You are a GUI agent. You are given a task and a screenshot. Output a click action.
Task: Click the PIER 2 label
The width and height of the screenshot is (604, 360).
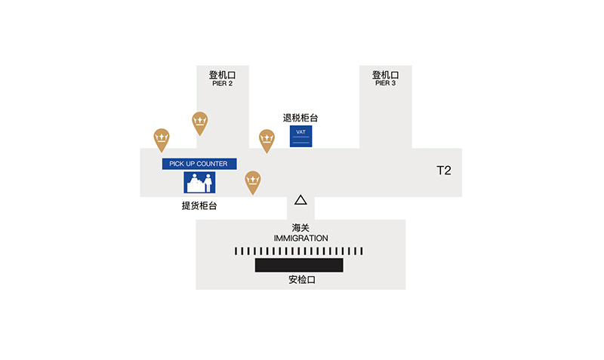click(222, 83)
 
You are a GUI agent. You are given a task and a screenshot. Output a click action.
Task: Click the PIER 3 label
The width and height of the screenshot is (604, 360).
click(385, 83)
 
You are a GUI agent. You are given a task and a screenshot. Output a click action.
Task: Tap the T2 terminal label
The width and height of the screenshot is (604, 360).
click(444, 170)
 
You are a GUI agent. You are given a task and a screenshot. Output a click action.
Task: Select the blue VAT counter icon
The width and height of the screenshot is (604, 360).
click(300, 137)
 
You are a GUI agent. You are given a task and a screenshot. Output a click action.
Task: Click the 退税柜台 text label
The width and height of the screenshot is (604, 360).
click(300, 118)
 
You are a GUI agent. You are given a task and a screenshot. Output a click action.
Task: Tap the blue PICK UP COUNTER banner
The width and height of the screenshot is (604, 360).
click(199, 164)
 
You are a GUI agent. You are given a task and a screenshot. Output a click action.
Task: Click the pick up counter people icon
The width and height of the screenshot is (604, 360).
click(199, 183)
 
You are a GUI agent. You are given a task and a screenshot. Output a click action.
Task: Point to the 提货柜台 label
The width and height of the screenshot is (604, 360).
click(199, 205)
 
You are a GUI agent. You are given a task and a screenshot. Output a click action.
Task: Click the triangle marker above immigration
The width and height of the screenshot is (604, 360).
click(300, 200)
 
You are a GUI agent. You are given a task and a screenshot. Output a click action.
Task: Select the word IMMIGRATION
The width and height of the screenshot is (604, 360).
click(300, 238)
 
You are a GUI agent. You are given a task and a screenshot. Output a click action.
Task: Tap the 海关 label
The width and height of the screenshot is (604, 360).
click(300, 228)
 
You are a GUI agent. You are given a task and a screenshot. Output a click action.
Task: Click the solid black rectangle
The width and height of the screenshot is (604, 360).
click(299, 266)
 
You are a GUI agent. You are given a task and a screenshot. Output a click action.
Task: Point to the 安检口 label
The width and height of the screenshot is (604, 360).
click(302, 280)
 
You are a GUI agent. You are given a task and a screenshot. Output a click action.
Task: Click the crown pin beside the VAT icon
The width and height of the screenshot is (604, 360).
click(267, 140)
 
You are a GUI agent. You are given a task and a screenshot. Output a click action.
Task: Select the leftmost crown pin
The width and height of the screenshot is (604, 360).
click(162, 140)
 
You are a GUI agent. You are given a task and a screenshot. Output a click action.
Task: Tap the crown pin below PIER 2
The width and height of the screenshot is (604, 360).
click(200, 123)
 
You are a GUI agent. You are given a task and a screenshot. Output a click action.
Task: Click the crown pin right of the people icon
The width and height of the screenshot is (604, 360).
click(253, 182)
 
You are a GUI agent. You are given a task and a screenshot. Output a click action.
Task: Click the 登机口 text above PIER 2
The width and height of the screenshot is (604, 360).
click(222, 75)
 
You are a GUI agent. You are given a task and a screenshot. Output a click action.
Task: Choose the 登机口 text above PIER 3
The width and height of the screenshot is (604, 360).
click(385, 75)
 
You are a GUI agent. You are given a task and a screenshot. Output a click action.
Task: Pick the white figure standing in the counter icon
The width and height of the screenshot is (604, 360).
click(208, 183)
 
